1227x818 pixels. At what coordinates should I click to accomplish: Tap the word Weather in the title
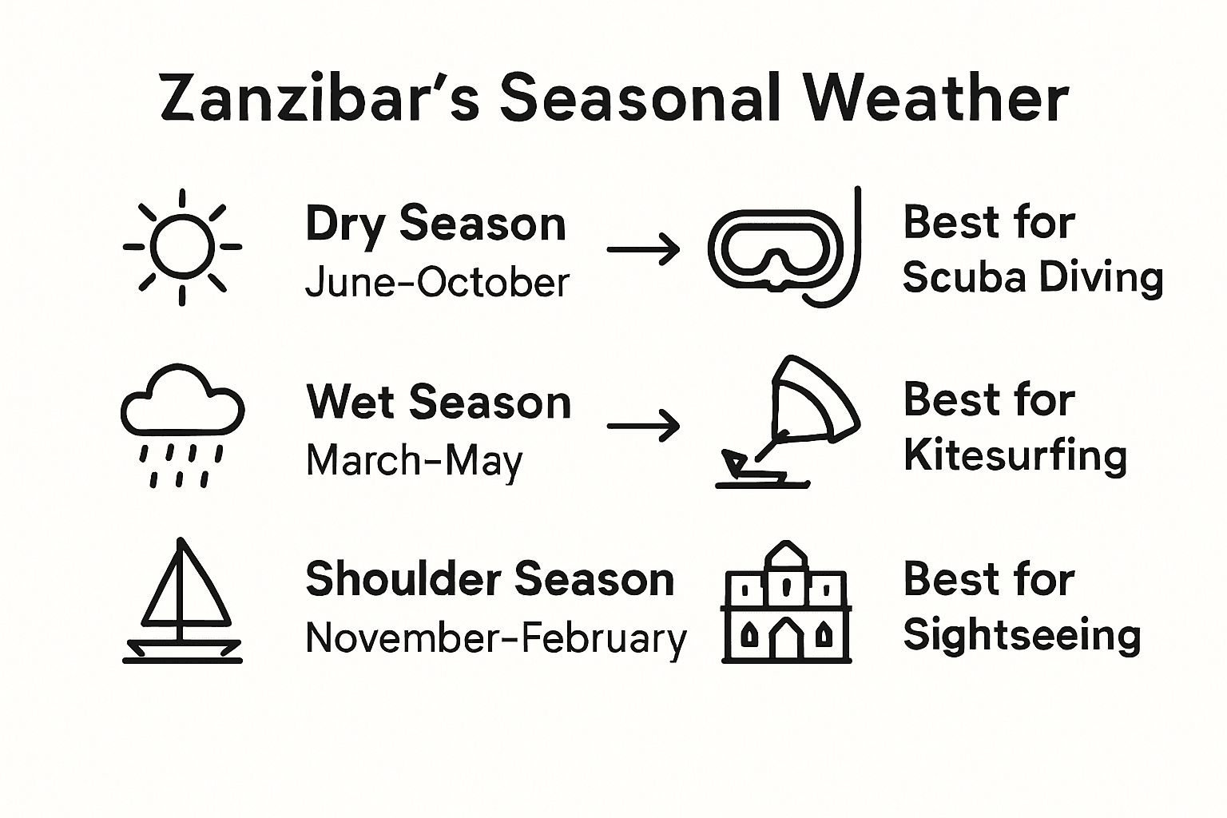935,98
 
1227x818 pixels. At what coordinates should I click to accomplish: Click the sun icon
183,247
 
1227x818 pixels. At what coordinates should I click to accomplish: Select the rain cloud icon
182,424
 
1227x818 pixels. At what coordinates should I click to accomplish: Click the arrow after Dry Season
643,249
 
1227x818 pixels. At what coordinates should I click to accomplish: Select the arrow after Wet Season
643,426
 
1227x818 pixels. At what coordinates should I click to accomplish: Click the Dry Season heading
435,224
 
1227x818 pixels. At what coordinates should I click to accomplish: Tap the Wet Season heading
439,401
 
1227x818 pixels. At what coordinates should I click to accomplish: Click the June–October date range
437,283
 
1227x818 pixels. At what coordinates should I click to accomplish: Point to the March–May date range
414,461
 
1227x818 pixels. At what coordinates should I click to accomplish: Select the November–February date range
495,638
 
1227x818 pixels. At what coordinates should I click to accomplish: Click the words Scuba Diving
1032,278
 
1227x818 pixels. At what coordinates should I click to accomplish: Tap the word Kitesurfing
1015,456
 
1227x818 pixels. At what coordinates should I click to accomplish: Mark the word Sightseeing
1022,636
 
